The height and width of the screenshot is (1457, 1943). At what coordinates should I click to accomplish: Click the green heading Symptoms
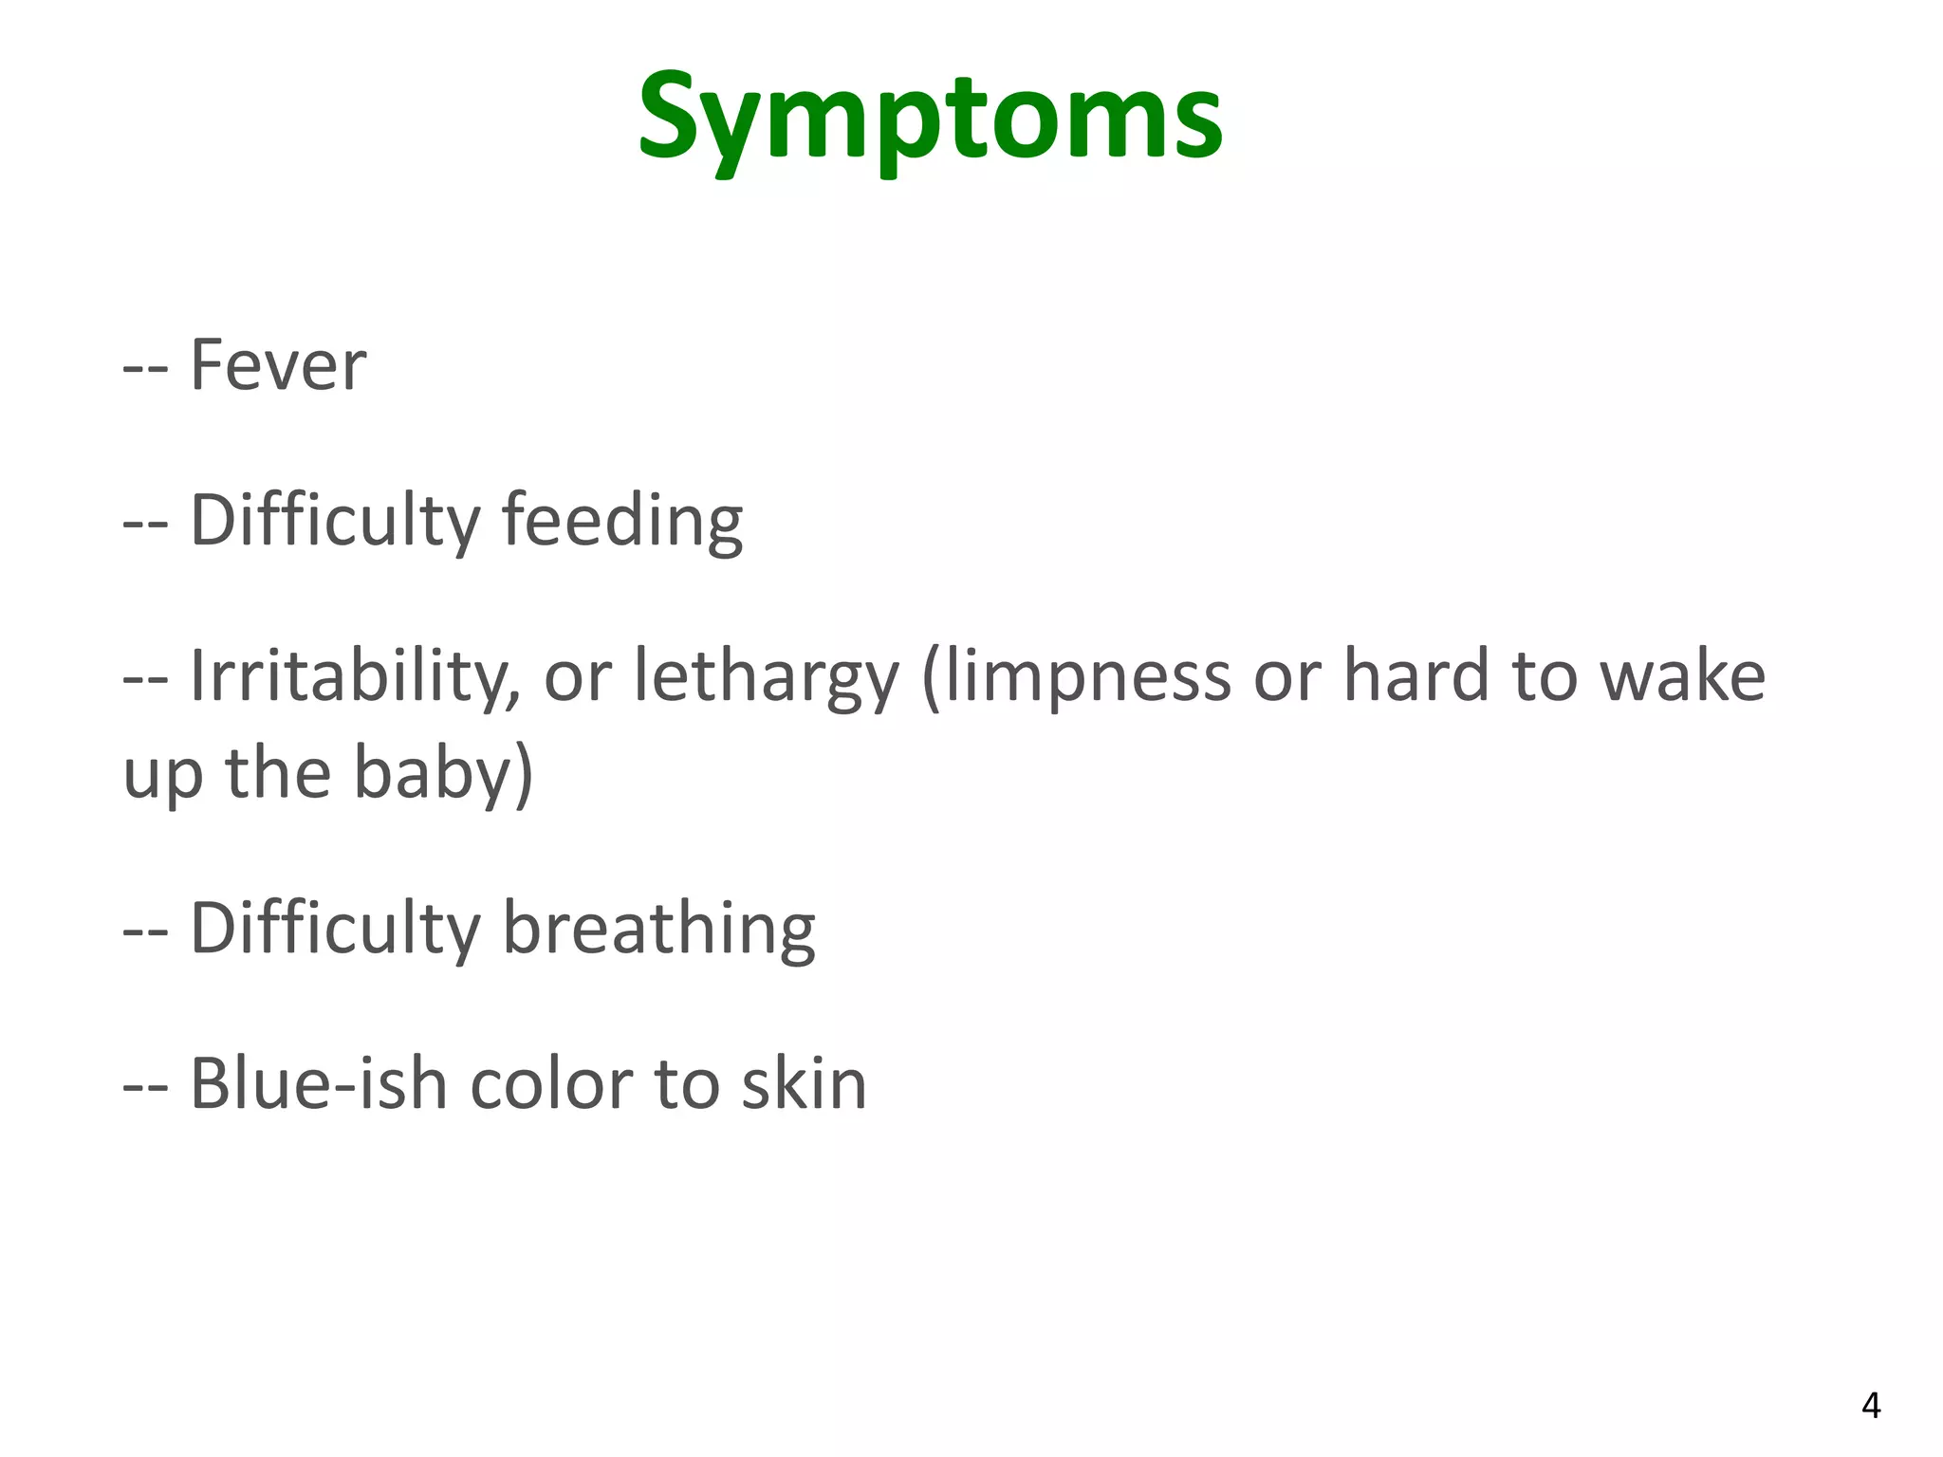930,119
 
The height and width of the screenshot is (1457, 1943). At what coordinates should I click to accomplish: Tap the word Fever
278,365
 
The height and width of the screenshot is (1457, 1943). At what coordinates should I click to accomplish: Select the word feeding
621,521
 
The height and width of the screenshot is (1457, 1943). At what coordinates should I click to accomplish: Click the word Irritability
355,676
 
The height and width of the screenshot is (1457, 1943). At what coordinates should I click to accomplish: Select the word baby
434,774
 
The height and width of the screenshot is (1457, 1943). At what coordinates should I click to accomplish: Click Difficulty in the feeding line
335,521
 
